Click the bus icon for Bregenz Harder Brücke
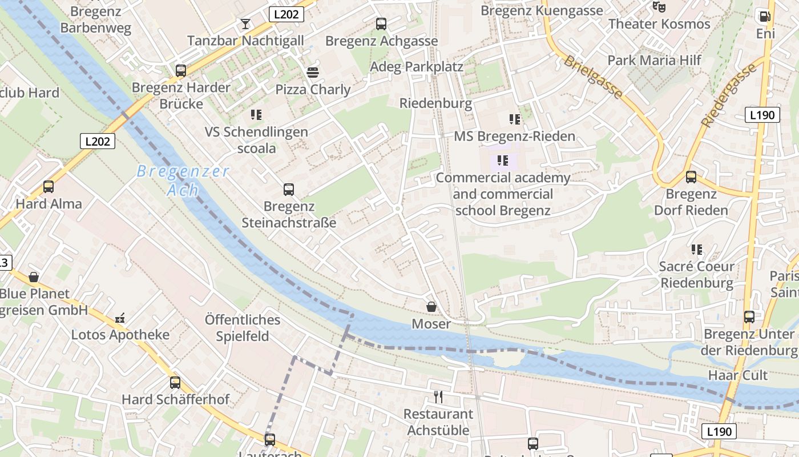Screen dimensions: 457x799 click(181, 71)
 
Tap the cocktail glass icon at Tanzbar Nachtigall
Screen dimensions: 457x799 click(245, 24)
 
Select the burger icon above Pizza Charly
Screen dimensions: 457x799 click(313, 73)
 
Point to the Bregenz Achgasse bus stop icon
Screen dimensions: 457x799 click(381, 24)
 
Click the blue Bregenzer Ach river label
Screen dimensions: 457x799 click(183, 180)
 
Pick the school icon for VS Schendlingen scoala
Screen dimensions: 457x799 click(256, 115)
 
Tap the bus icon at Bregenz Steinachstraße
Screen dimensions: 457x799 click(289, 190)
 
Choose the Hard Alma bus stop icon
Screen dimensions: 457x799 click(49, 187)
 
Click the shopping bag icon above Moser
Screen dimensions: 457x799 click(431, 307)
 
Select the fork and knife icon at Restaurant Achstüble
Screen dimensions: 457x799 click(438, 397)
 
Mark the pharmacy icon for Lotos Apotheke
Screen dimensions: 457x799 click(120, 318)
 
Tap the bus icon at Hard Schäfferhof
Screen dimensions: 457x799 click(175, 383)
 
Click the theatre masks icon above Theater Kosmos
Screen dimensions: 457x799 click(659, 7)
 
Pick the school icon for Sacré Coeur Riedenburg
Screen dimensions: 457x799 click(696, 250)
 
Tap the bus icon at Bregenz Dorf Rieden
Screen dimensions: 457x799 click(691, 177)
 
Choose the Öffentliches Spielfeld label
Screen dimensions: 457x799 click(243, 328)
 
